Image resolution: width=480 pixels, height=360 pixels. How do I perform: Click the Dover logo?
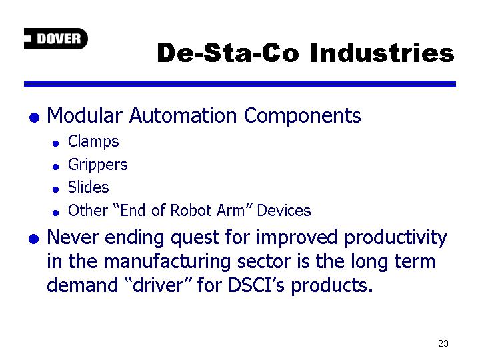coord(56,39)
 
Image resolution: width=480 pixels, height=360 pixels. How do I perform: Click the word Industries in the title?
coord(382,53)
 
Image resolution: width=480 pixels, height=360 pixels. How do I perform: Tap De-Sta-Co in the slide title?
coord(228,53)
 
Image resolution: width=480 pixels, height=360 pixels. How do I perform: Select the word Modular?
coord(85,116)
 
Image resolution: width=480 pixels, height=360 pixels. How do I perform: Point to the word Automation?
coord(183,116)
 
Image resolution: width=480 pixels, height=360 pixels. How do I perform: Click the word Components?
coord(302,116)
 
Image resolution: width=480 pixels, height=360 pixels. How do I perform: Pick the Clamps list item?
coord(93,142)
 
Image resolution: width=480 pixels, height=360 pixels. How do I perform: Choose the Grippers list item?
coord(97,165)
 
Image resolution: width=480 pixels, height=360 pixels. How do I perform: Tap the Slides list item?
coord(89,187)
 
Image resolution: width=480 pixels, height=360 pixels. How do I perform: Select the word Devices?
coord(284,211)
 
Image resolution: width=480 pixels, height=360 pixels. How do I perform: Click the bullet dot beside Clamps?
coord(56,143)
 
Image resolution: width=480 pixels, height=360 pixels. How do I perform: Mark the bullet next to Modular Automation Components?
coord(34,117)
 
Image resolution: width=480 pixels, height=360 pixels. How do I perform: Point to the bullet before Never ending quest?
coord(34,239)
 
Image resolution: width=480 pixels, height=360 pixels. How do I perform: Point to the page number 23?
coord(443,343)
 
